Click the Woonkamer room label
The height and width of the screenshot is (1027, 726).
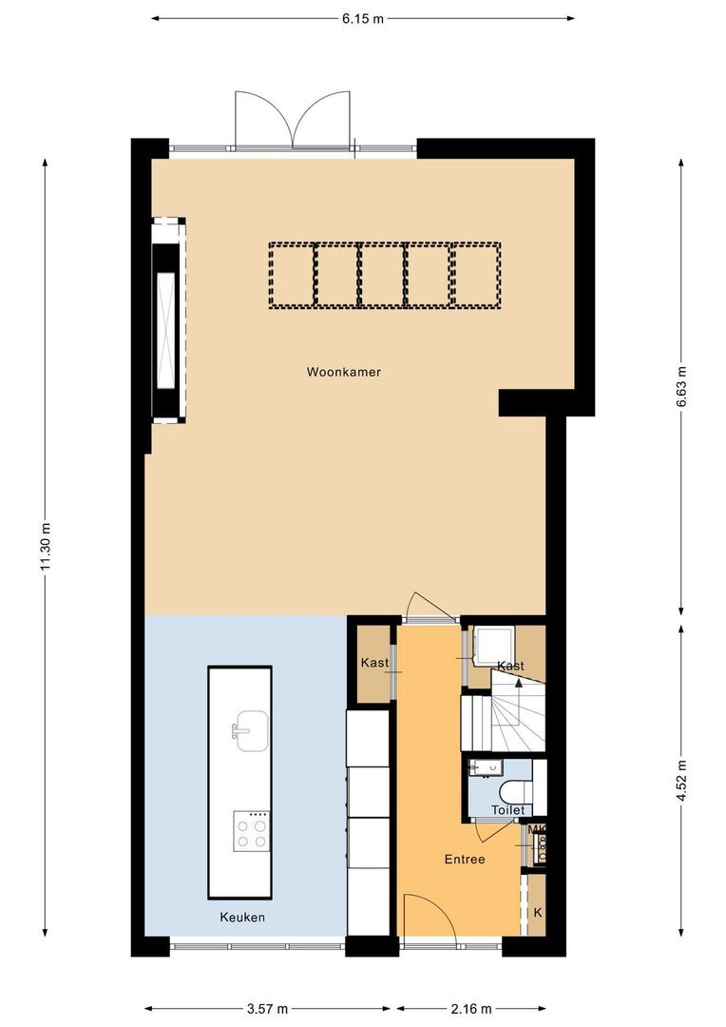343,372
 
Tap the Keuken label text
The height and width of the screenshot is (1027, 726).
242,918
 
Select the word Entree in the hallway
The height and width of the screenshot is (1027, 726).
465,860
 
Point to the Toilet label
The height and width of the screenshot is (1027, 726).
507,810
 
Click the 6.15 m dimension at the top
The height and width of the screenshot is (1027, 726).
363,18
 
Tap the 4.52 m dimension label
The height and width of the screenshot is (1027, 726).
680,780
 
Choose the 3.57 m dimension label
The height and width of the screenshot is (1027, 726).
267,1009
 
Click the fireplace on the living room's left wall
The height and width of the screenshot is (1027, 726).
168,320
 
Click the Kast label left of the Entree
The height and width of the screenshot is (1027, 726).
373,663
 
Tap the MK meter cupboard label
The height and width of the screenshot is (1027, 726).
537,830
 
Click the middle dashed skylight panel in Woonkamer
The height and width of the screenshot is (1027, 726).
384,275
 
